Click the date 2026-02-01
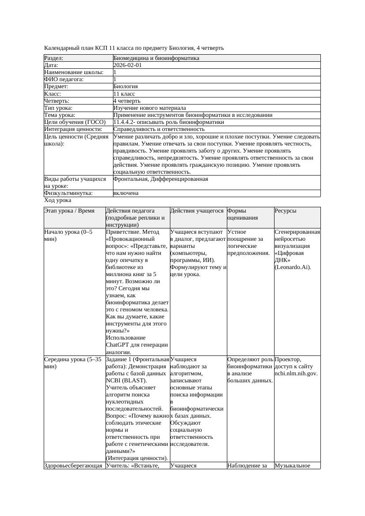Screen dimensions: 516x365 click(x=128, y=65)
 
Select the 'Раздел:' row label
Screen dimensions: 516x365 click(x=54, y=58)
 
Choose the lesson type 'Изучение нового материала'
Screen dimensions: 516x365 click(x=150, y=108)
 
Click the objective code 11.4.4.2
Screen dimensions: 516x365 click(x=127, y=122)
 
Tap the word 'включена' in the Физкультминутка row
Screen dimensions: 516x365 click(x=126, y=193)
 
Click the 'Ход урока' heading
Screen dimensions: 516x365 click(x=58, y=200)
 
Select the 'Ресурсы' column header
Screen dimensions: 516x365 click(x=285, y=211)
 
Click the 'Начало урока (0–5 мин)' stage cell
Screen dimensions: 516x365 click(x=68, y=236)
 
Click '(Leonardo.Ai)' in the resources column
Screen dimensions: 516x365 click(x=293, y=267)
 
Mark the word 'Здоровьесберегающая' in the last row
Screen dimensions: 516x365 click(x=73, y=465)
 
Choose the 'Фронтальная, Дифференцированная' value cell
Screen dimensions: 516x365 click(x=161, y=179)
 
